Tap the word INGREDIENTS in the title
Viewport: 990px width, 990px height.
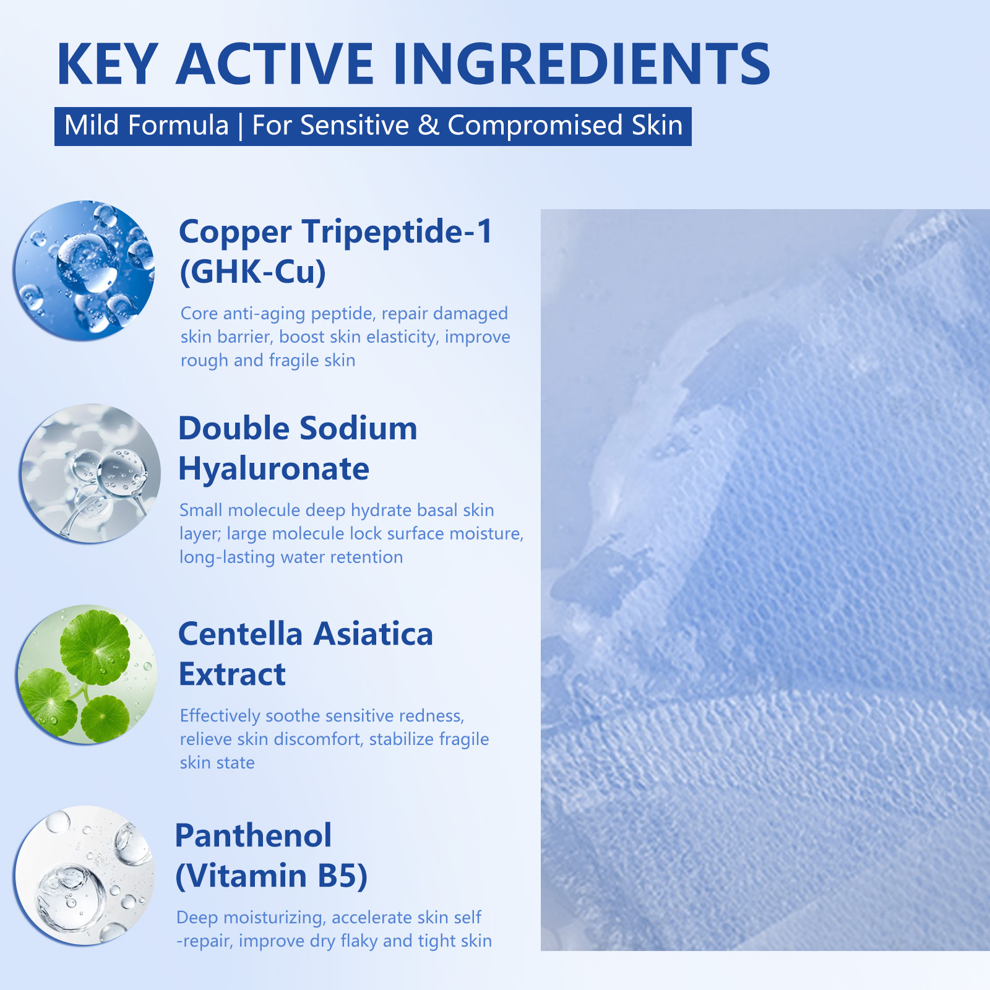click(582, 64)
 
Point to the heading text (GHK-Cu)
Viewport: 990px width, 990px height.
click(252, 272)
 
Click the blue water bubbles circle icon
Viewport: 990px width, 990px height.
click(84, 270)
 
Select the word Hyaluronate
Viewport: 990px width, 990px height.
click(273, 469)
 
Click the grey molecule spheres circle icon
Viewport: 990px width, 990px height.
click(90, 473)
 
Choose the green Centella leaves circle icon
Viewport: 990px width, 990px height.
click(87, 674)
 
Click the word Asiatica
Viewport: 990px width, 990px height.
click(373, 635)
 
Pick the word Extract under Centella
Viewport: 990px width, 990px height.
click(232, 674)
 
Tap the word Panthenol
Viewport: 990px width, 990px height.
click(254, 836)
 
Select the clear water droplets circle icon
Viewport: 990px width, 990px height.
click(84, 876)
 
